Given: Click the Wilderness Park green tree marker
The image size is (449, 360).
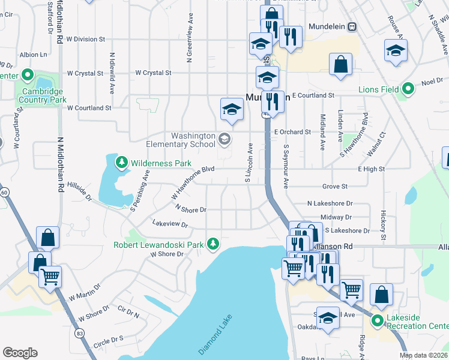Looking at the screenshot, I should (x=122, y=163).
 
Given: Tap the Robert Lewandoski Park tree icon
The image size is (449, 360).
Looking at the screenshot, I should (x=212, y=244).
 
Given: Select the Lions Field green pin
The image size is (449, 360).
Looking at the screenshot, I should (x=408, y=89).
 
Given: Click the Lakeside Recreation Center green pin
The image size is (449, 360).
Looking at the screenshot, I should (x=378, y=320).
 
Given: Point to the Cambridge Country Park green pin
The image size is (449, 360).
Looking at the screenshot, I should (x=27, y=76).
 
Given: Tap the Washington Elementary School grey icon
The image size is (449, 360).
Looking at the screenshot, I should (x=224, y=140).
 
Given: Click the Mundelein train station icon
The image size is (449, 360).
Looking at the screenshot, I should (x=352, y=26).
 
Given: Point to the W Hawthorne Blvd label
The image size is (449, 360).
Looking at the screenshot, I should (x=193, y=183).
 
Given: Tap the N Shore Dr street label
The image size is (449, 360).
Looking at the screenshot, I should (x=191, y=208).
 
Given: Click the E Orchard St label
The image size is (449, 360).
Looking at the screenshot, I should (x=292, y=131).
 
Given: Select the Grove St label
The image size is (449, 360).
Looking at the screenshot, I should (x=335, y=187).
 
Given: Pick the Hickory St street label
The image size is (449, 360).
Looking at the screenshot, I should (x=382, y=224).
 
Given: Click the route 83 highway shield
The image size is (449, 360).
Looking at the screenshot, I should (x=79, y=332).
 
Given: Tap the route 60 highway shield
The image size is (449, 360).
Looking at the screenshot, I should (x=4, y=192).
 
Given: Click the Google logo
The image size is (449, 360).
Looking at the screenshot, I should (x=20, y=353).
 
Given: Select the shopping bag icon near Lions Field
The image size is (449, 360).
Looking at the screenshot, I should (x=340, y=66).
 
